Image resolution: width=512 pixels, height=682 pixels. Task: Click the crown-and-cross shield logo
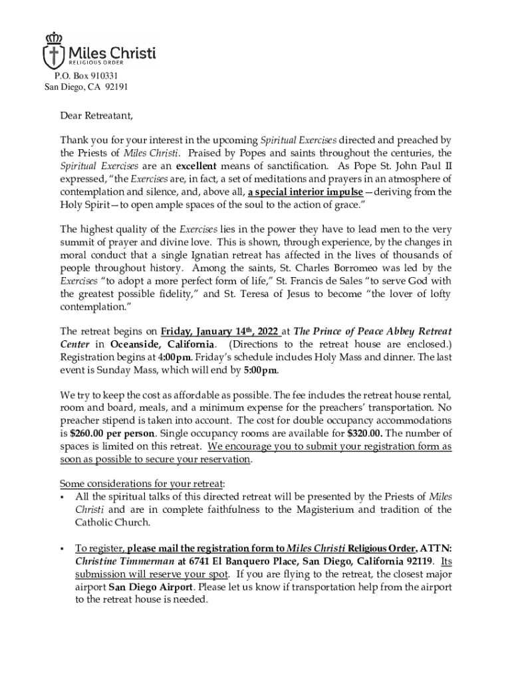[55, 50]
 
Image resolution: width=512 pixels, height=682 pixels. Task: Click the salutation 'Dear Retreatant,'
[96, 116]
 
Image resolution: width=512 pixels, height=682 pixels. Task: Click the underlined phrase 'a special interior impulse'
[305, 191]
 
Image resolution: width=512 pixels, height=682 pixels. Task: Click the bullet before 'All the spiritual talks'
[62, 497]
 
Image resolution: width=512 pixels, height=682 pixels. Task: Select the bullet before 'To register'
[62, 549]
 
